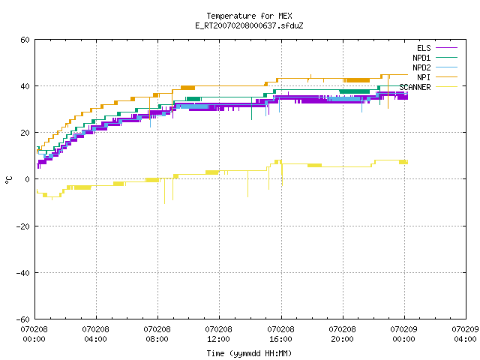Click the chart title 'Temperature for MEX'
pos(249,16)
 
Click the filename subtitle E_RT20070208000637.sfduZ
pos(249,25)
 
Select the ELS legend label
pos(424,48)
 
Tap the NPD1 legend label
pos(421,58)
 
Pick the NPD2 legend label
pos(421,67)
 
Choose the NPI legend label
pos(424,77)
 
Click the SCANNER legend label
pos(415,87)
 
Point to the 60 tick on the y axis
pos(25,40)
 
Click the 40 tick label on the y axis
pos(25,86)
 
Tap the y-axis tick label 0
pos(28,179)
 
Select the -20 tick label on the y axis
pos(23,226)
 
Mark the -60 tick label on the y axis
pos(23,319)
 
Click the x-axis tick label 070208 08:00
pos(157,334)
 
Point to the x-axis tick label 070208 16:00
pos(280,334)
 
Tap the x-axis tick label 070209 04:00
pos(465,334)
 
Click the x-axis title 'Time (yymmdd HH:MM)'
pos(249,353)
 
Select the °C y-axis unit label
pos(8,180)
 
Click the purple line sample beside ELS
pos(446,48)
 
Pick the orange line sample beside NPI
pos(446,77)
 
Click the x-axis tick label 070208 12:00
pos(218,334)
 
